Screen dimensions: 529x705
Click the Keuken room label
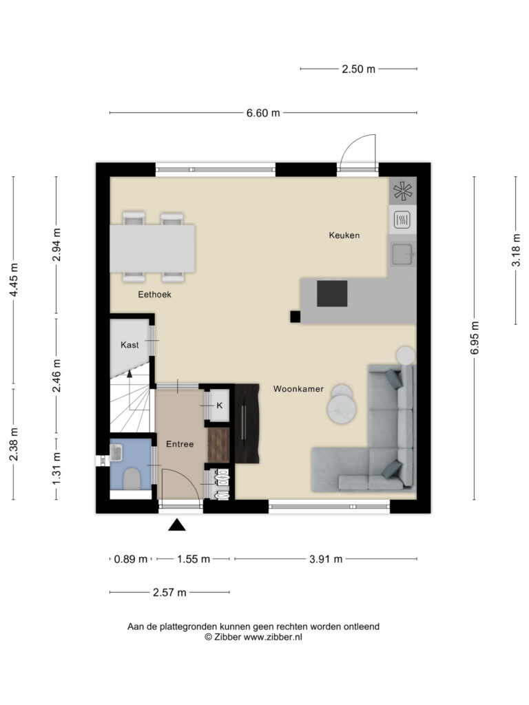click(344, 235)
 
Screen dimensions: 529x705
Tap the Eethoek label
click(154, 295)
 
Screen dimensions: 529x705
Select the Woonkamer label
click(298, 389)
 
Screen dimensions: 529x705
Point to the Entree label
click(180, 444)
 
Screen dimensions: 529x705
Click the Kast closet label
click(129, 345)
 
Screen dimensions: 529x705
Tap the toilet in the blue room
click(132, 478)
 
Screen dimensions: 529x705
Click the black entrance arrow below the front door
click(177, 525)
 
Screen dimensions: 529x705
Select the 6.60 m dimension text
click(263, 113)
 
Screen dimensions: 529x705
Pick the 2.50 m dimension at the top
click(358, 70)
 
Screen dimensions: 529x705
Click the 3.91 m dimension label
click(326, 559)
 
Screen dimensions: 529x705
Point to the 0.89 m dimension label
click(131, 559)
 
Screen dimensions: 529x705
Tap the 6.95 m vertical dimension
click(475, 337)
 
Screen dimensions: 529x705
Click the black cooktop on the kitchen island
click(332, 293)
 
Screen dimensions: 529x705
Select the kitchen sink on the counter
click(402, 254)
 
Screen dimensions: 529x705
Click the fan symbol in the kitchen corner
click(402, 191)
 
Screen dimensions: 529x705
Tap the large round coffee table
click(342, 409)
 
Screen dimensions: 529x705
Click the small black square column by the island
click(295, 317)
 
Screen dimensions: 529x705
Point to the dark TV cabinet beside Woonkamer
click(247, 423)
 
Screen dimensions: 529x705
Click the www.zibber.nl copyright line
click(253, 637)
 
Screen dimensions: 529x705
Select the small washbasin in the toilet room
click(116, 453)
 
